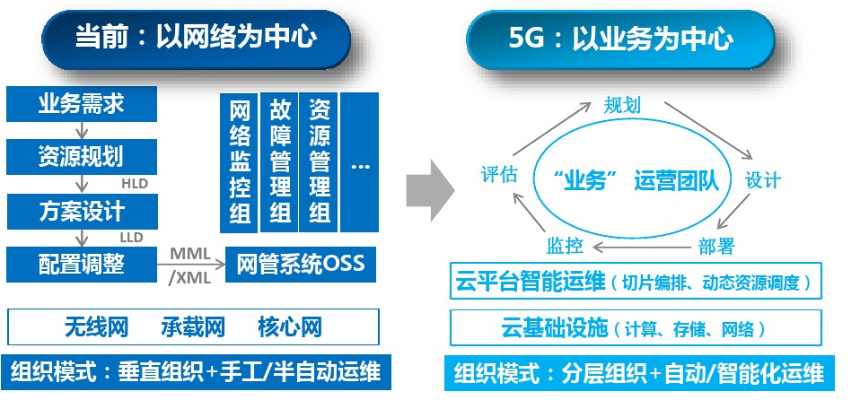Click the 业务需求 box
click(x=81, y=105)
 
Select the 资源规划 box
click(x=81, y=157)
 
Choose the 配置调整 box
click(x=81, y=264)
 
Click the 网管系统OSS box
click(x=300, y=265)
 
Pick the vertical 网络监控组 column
click(x=240, y=161)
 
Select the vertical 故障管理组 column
click(x=279, y=161)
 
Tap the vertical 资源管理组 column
click(x=319, y=161)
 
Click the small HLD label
click(x=134, y=184)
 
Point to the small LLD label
click(x=132, y=238)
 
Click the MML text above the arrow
click(x=189, y=254)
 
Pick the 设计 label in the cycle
click(x=763, y=179)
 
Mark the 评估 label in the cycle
click(x=499, y=174)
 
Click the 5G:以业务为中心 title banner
click(x=620, y=39)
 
